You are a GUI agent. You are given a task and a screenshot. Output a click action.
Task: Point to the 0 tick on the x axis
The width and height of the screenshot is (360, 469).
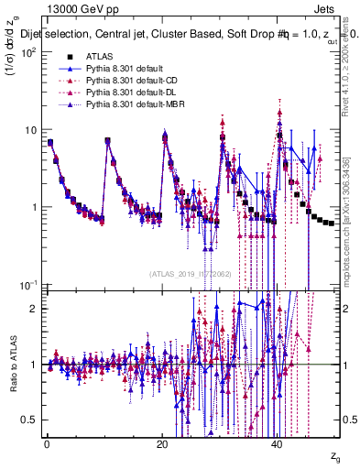(x=47, y=445)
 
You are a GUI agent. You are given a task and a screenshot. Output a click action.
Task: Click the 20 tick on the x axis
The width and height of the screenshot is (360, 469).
(x=162, y=445)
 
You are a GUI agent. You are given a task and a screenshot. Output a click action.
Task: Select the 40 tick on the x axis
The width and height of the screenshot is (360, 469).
(x=278, y=445)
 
